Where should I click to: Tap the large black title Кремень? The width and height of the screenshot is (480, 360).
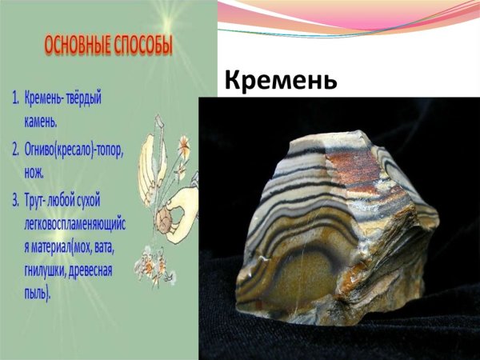click(281, 81)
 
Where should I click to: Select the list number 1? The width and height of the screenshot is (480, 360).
click(15, 98)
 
